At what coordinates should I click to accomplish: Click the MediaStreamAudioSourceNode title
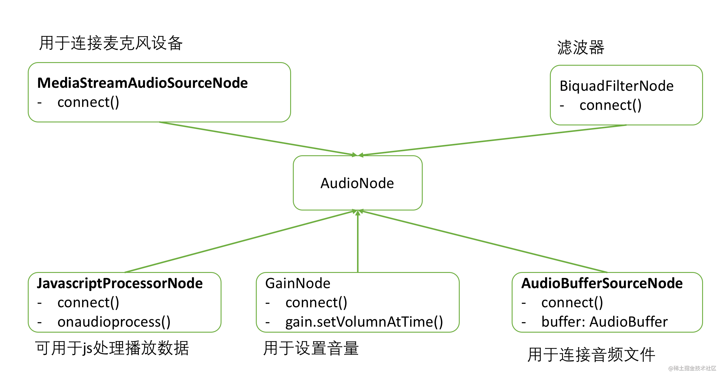(x=142, y=83)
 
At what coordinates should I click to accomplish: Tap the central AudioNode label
(x=357, y=183)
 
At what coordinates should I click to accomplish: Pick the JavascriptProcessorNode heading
(x=120, y=284)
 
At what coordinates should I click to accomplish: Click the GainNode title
(x=298, y=283)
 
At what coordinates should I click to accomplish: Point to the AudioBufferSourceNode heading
(x=602, y=283)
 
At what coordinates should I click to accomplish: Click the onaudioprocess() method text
(x=114, y=322)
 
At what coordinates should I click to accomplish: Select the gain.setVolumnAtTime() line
(x=364, y=322)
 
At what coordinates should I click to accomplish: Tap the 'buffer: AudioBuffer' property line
(x=605, y=322)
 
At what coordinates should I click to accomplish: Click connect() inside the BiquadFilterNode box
(x=610, y=105)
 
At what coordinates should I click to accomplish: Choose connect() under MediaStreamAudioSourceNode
(x=88, y=102)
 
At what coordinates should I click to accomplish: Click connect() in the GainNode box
(x=316, y=303)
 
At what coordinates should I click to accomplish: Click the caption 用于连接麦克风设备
(x=111, y=43)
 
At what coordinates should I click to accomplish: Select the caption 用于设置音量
(x=311, y=348)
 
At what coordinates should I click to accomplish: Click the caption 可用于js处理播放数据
(x=112, y=348)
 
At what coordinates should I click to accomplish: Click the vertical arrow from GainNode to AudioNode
(x=358, y=241)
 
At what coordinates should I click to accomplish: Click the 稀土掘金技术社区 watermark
(x=692, y=368)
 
